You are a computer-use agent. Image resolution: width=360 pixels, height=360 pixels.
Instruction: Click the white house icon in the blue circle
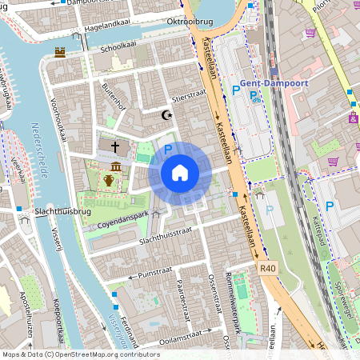[180, 172]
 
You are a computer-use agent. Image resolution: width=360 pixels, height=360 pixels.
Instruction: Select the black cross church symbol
[116, 147]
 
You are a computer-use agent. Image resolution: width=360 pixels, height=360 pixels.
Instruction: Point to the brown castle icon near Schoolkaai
[60, 53]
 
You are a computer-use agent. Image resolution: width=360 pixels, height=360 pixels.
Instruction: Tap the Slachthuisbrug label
[38, 210]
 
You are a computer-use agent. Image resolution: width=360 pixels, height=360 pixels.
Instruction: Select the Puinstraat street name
[133, 274]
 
